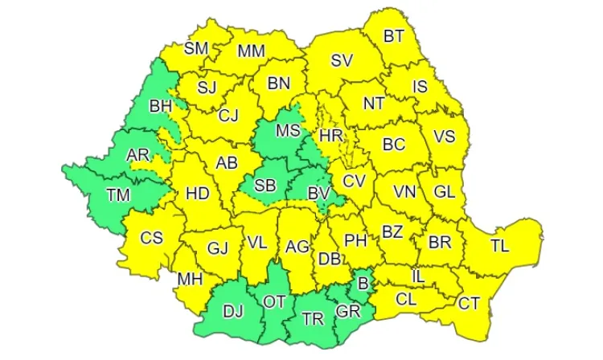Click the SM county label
coord(196,47)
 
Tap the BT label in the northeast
coord(394,35)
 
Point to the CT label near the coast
coord(469,303)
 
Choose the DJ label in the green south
coord(233,312)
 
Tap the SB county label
coord(265,186)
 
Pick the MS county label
coord(288,130)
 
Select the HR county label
coord(331,137)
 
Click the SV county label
coord(342,60)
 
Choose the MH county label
coord(191,279)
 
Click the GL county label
coord(445,192)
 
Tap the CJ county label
coord(228,116)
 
